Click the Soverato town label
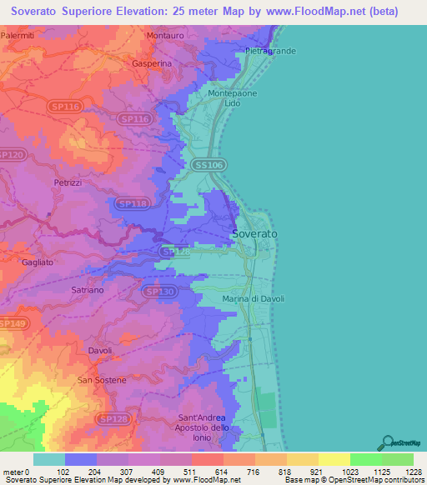tap(254, 234)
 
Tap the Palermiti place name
tap(18, 37)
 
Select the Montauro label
tap(164, 37)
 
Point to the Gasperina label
tap(152, 63)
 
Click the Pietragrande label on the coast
tap(270, 51)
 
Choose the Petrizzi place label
tap(69, 182)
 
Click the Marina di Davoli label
tap(254, 299)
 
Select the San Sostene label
tap(102, 380)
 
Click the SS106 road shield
tap(207, 165)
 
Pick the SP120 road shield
tap(12, 155)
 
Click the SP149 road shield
tap(12, 323)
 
